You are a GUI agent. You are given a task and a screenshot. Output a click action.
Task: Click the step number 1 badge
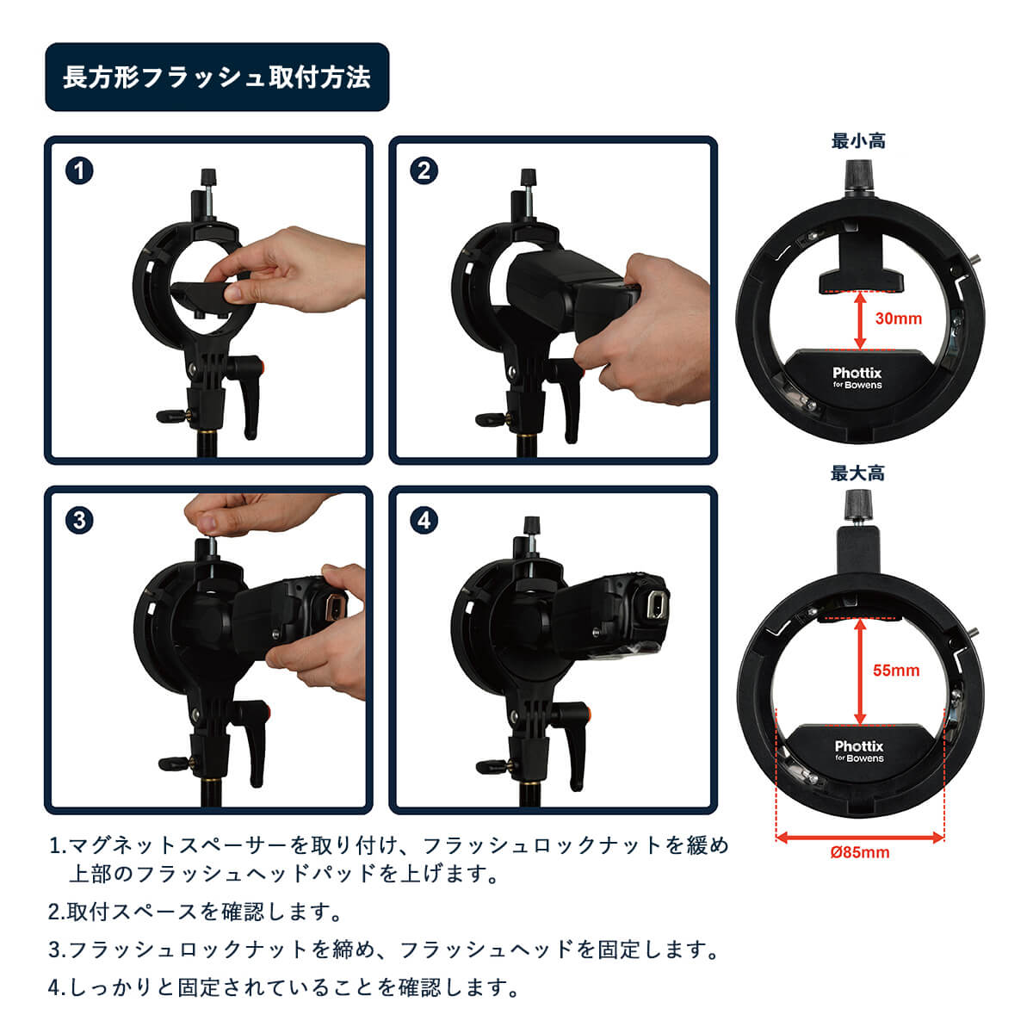[x=79, y=171]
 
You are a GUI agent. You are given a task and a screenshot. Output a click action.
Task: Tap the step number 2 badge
[x=424, y=171]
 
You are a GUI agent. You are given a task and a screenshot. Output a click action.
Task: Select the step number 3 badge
[x=79, y=521]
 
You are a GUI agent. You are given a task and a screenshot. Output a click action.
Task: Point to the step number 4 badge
[x=424, y=521]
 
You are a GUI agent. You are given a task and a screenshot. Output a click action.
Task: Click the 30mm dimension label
[x=899, y=319]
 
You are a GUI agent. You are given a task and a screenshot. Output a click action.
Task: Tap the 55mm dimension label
[x=896, y=670]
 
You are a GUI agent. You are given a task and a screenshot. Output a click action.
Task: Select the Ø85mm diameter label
[x=860, y=852]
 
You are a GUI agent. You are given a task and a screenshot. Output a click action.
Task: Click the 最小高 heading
[x=858, y=141]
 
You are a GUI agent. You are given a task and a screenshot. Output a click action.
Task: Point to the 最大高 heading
[x=857, y=473]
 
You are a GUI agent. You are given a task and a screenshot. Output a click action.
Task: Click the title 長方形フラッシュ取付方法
[x=217, y=77]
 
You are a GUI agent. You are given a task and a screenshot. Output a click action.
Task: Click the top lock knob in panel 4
[x=531, y=525]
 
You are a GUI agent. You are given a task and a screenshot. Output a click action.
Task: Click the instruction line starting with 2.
[x=195, y=912]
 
